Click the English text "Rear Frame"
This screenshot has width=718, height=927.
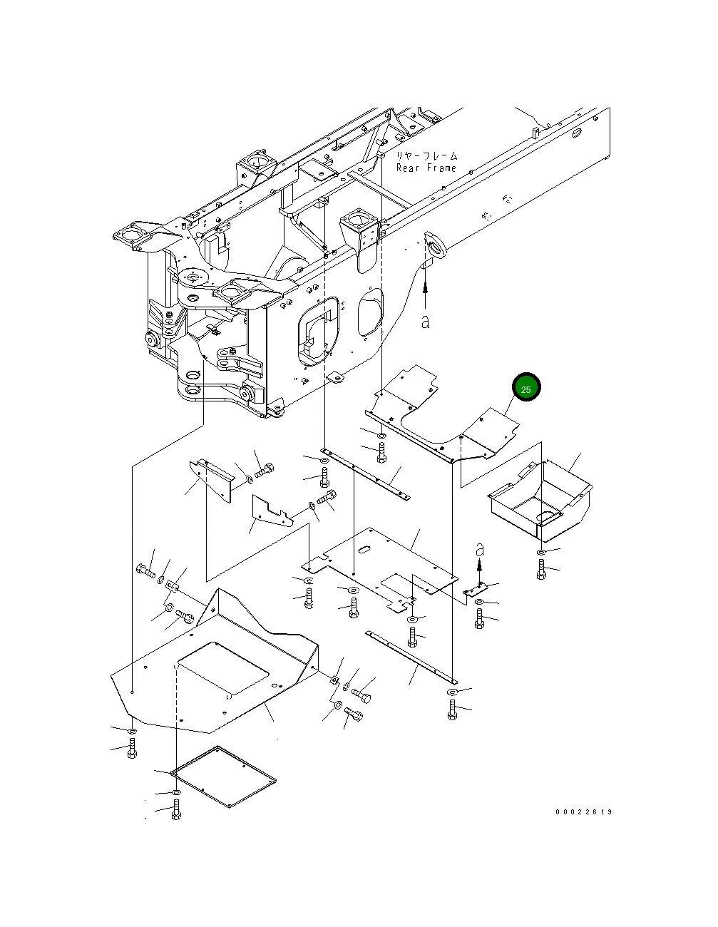click(426, 168)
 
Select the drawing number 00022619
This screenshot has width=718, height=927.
click(584, 812)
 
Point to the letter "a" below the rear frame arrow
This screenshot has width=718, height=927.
click(426, 322)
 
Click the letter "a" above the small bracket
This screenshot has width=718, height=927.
click(480, 550)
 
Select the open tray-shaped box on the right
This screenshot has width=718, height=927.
click(540, 501)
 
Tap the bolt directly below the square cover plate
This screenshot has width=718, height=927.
click(176, 811)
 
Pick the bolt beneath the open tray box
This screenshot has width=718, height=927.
click(541, 570)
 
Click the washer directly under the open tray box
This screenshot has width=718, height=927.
click(541, 553)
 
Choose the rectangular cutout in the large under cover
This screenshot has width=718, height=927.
click(223, 668)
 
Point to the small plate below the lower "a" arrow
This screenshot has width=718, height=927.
click(474, 590)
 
